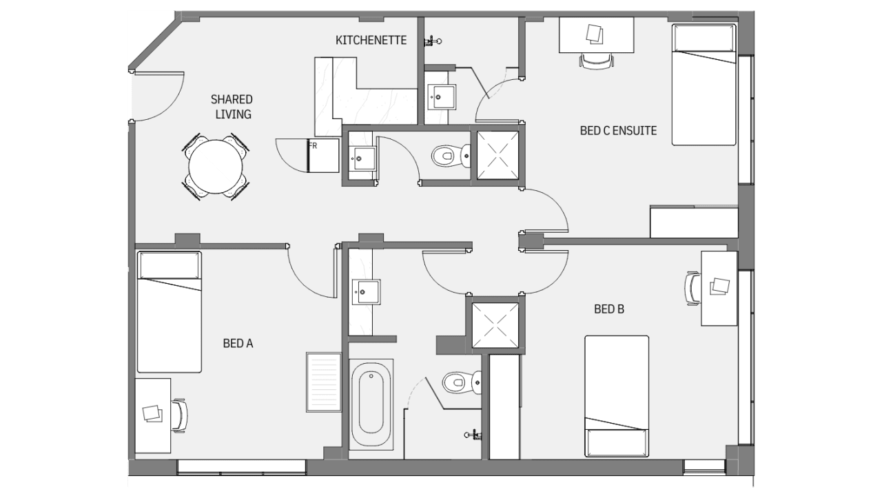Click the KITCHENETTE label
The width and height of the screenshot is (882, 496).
[x=371, y=40]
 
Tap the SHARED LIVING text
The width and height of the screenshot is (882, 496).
[x=232, y=107]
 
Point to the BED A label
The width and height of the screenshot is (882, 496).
[x=238, y=344]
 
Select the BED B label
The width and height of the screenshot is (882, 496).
[x=609, y=309]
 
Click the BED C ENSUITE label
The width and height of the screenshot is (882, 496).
[x=618, y=131]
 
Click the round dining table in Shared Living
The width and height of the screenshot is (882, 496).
[x=216, y=167]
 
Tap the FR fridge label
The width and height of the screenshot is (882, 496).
[x=313, y=146]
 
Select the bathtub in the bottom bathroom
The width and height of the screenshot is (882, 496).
[x=371, y=404]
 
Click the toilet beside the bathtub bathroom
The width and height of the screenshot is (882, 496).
[x=462, y=382]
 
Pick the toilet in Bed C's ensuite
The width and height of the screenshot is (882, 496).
[x=451, y=156]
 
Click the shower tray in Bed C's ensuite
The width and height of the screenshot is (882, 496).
[x=498, y=156]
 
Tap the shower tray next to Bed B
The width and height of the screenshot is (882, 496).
[x=495, y=326]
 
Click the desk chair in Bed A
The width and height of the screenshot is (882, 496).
[x=180, y=415]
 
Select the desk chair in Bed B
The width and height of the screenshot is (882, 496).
[x=693, y=288]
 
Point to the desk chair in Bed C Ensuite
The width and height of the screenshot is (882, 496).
[x=597, y=61]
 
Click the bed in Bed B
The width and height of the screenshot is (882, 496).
[x=617, y=396]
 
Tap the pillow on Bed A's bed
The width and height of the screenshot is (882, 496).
[x=170, y=265]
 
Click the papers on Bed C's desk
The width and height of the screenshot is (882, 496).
[x=594, y=34]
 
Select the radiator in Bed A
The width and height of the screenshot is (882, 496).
[x=324, y=382]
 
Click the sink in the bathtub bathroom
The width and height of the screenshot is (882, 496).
[x=366, y=292]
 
